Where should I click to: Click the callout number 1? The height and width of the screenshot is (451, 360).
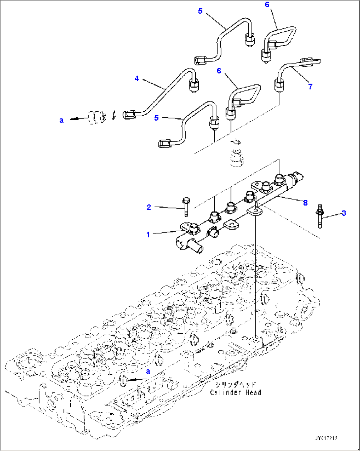pos(148,235)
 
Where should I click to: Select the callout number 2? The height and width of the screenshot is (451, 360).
pos(149,207)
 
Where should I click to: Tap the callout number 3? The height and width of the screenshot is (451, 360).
pos(343,213)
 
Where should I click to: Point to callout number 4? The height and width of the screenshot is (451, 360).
pos(136,79)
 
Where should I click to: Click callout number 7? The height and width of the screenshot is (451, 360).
pos(310,87)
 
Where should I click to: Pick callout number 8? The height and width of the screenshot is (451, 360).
pos(305,203)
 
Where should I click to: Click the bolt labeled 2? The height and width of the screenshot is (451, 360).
pos(186,207)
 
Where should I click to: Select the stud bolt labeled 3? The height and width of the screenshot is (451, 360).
pos(320,216)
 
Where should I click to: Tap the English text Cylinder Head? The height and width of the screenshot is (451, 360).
pos(235,393)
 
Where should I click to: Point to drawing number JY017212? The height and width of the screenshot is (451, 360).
pos(326,438)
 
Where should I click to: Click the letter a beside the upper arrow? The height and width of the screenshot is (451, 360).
pos(61,121)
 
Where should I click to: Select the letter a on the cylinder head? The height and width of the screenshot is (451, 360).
pos(148,371)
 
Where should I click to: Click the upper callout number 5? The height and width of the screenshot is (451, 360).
pos(200,11)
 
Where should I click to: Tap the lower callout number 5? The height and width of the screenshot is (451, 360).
pos(156,118)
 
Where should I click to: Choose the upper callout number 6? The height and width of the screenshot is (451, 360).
pos(267,4)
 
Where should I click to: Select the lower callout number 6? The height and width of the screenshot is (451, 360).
pos(219,71)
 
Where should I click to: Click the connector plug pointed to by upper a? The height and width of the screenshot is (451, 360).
pos(96,117)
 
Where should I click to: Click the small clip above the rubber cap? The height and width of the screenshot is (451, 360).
pos(236,142)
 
